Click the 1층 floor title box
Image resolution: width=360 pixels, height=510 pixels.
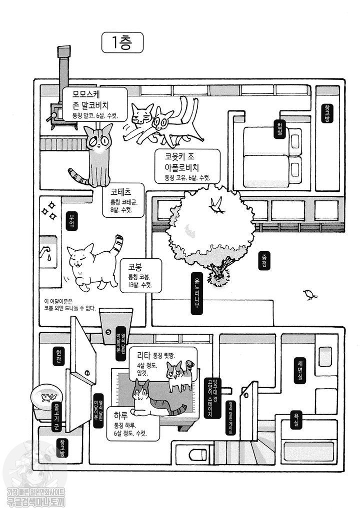coord(122,43)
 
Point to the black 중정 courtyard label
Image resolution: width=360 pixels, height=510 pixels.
coord(263,260)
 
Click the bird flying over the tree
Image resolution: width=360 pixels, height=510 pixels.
coord(217,205)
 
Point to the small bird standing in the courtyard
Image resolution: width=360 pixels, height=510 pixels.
coord(310,295)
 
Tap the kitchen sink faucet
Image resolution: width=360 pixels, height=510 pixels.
coord(46,252)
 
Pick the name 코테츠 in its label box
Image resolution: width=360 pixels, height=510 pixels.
coord(120,191)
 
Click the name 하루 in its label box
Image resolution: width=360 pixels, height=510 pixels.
coord(121,415)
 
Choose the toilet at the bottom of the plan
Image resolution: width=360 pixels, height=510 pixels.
coord(197,454)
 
